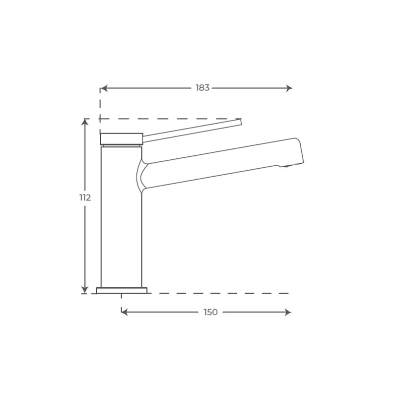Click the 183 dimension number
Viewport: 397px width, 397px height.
point(202,88)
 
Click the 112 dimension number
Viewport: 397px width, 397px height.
point(85,198)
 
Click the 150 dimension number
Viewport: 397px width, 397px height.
point(210,312)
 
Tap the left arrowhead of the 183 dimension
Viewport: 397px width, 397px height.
point(104,88)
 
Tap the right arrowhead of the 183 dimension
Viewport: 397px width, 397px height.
point(289,88)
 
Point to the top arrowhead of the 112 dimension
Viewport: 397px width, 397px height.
point(85,122)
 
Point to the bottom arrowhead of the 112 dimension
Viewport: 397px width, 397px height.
point(85,290)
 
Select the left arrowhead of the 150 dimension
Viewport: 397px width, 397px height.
point(125,312)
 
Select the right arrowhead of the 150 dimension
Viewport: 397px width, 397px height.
point(288,312)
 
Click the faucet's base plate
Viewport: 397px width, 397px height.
point(122,290)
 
